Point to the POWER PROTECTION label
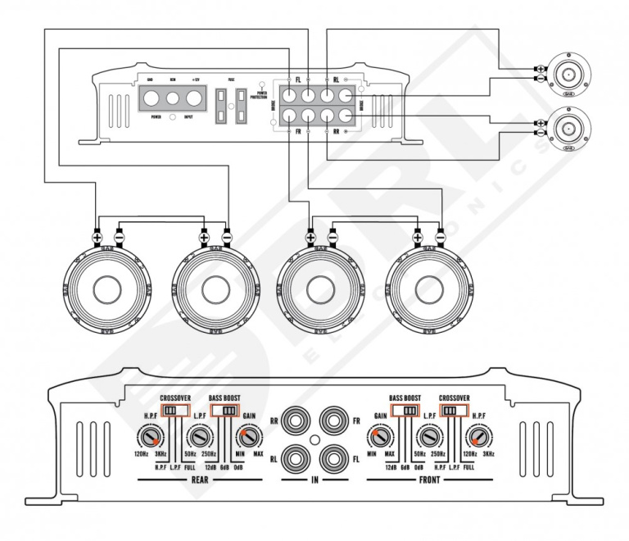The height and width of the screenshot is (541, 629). tap(262, 95)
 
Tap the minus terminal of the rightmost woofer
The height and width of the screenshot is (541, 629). tap(440, 237)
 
